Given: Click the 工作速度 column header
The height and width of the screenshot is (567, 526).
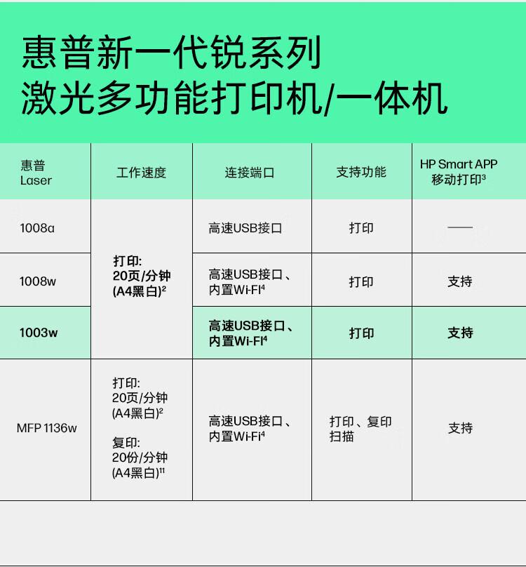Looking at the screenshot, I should [x=141, y=172].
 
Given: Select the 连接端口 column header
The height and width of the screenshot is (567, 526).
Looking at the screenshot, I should [x=250, y=172].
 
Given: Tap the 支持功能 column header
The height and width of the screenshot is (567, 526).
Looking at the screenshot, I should [x=361, y=172].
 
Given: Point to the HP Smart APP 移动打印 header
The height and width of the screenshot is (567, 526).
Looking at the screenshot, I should [x=459, y=172].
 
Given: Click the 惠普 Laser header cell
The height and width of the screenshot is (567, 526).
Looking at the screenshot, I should [x=36, y=173].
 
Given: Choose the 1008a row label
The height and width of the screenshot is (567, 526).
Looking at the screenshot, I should [x=37, y=227].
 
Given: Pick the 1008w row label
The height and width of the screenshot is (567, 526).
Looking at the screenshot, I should [x=38, y=281].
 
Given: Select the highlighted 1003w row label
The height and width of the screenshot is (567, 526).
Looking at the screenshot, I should [x=39, y=333].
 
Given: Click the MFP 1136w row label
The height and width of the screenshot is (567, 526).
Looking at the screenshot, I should [x=46, y=428].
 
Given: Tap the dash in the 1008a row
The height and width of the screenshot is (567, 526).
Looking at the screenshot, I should [x=460, y=227].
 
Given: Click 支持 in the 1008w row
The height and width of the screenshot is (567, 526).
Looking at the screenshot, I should [x=460, y=281].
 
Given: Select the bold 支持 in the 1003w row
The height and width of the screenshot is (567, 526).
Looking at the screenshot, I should [x=460, y=333].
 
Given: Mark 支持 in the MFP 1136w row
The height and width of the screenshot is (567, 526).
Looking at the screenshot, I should [x=460, y=428].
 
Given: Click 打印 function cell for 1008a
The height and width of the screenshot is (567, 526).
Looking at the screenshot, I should [x=361, y=227].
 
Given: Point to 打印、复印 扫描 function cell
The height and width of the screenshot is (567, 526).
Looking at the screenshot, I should [x=360, y=429].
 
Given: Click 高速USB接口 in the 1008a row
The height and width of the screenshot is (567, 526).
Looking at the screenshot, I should [x=245, y=227].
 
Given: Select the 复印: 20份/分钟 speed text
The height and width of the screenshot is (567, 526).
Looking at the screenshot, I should [x=140, y=458].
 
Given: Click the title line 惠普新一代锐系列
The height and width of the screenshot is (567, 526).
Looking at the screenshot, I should [x=172, y=53].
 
